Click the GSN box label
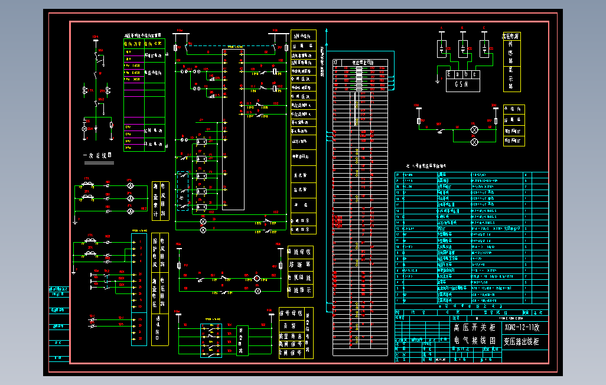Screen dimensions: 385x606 point(461,84)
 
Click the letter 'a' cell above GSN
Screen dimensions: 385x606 point(451,74)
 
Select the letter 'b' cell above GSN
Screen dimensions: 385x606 point(461,74)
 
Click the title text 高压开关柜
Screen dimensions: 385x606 point(474,328)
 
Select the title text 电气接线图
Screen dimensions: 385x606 point(474,341)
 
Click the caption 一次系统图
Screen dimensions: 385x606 point(96,156)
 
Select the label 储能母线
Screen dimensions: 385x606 point(299,252)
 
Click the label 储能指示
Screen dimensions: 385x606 point(299,290)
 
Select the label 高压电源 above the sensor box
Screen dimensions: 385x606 point(511,37)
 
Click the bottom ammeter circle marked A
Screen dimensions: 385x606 point(131,210)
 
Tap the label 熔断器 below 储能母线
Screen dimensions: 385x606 point(299,265)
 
